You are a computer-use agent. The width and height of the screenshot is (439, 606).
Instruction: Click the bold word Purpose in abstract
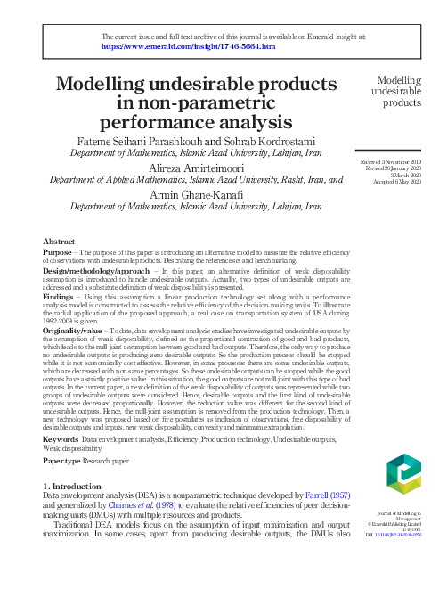coord(56,253)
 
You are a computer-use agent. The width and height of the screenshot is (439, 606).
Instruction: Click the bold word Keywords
coord(61,440)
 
